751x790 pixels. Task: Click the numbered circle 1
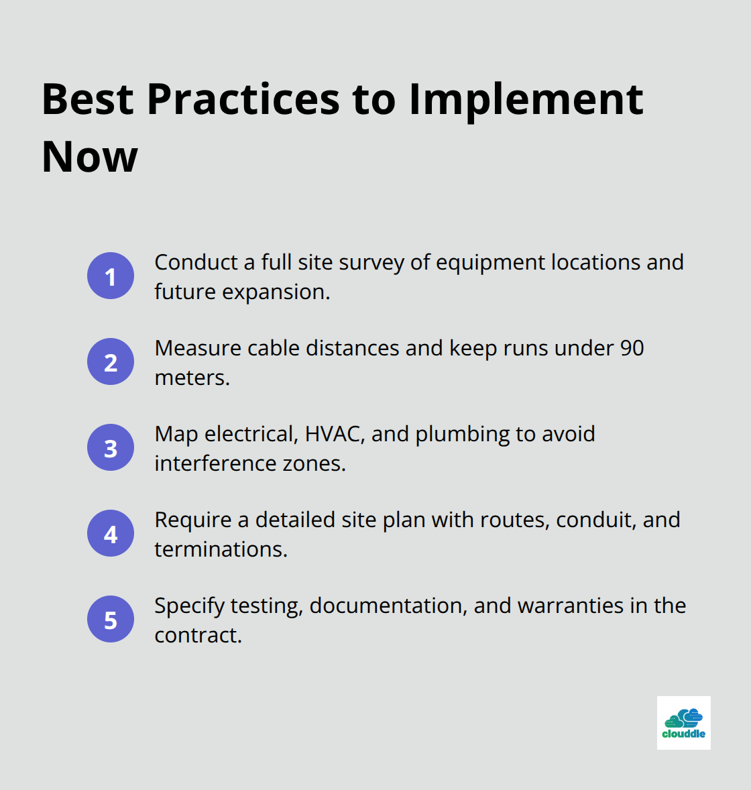tap(111, 276)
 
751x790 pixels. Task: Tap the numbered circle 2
tap(111, 361)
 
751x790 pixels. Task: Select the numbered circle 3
tap(111, 447)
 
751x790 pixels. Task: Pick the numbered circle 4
tap(111, 533)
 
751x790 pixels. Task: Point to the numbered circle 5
tap(111, 619)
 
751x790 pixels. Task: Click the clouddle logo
tap(683, 722)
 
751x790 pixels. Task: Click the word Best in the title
tap(88, 99)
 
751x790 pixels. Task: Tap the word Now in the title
tap(89, 157)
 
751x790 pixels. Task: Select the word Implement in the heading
tap(526, 99)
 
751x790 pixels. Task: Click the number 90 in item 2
tap(632, 348)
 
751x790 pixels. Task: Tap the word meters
tap(192, 378)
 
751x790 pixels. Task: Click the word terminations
tap(221, 549)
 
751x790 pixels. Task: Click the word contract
tap(198, 635)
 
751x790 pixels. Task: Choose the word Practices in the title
tap(243, 99)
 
